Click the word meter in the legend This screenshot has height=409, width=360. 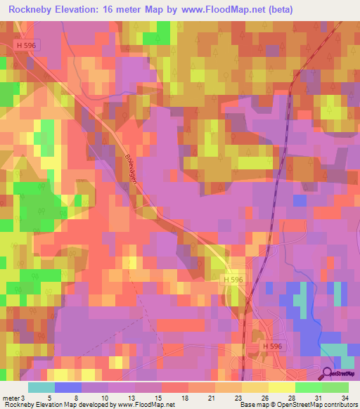11,399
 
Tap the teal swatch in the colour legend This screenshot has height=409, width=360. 41,387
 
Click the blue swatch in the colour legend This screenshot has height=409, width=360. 68,387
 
